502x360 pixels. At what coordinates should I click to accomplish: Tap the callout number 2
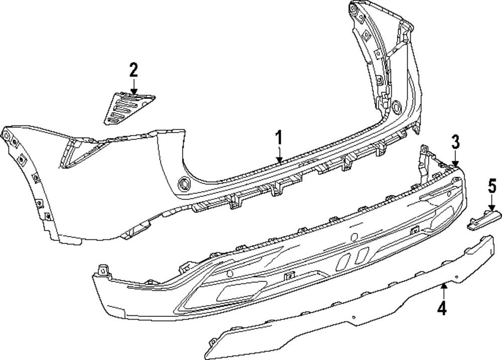point(133,69)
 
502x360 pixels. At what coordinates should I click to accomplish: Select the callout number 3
point(455,142)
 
